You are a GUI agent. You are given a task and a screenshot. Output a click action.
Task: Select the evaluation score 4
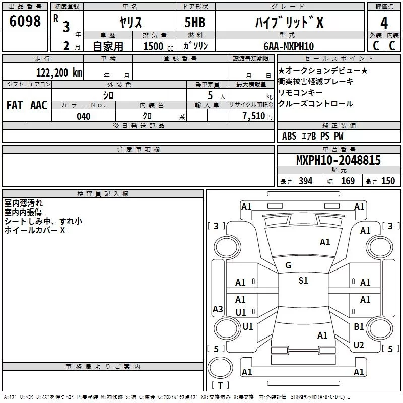click(384, 23)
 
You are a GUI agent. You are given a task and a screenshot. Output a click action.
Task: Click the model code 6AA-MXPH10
click(289, 46)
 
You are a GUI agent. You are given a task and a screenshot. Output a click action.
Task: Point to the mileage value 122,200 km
click(59, 72)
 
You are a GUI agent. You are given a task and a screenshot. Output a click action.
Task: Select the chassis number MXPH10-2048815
click(338, 161)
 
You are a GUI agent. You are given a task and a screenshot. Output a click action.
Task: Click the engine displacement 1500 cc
click(153, 46)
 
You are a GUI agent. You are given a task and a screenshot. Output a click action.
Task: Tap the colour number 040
click(83, 116)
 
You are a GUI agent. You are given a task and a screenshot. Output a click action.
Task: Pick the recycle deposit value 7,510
click(253, 116)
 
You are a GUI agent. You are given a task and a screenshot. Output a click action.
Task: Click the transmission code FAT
click(15, 105)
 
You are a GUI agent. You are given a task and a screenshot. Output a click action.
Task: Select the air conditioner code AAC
click(39, 105)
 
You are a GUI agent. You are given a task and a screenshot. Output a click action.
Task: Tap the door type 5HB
click(195, 23)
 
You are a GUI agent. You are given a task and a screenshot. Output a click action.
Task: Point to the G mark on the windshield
click(288, 265)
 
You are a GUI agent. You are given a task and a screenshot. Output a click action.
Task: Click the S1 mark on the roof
click(303, 281)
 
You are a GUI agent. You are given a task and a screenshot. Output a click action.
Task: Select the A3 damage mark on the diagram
click(218, 309)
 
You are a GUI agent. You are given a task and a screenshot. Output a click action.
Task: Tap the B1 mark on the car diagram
click(359, 327)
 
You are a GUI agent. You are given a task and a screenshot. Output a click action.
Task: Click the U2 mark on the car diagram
click(359, 345)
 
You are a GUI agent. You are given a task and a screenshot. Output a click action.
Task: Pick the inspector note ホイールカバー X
click(35, 230)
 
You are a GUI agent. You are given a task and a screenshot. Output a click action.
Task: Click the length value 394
click(305, 181)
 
